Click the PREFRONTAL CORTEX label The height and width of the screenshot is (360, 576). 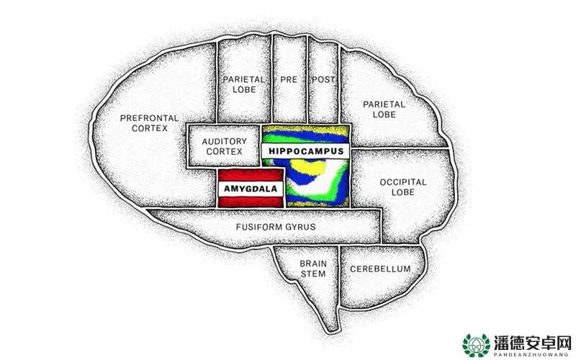[x=150, y=123]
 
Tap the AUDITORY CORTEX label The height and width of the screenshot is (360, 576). [x=224, y=146]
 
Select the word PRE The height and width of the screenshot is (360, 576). [x=289, y=79]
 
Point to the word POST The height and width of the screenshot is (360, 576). [x=323, y=79]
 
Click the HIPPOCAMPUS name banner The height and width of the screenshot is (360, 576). [x=305, y=151]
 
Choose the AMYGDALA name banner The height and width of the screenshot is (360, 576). [x=251, y=189]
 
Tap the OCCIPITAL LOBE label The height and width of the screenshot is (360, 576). [x=403, y=187]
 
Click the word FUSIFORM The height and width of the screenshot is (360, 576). [x=256, y=227]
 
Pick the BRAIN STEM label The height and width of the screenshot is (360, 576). [x=313, y=269]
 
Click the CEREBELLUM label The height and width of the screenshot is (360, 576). [x=380, y=269]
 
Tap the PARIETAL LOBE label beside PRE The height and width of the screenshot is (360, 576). [x=244, y=84]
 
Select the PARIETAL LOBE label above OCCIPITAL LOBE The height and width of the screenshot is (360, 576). [x=384, y=109]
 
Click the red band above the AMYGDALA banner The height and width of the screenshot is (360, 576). [x=251, y=175]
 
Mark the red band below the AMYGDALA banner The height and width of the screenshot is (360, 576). [x=251, y=202]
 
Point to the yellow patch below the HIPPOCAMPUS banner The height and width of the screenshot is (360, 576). [x=310, y=167]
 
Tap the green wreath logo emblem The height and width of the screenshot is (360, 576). [x=476, y=346]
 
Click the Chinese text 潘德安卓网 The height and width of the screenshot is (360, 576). [x=532, y=343]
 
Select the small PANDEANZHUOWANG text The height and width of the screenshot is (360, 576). [x=532, y=355]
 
